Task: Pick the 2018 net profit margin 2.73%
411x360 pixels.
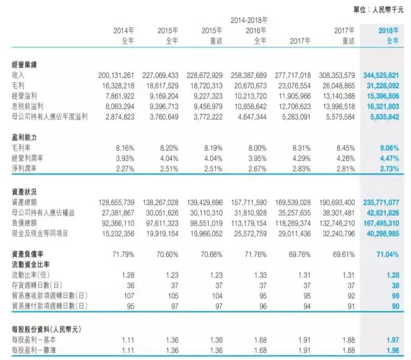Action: tap(389, 169)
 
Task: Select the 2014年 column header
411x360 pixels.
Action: tap(124, 31)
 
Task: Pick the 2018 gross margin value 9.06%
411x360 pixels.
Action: tap(389, 148)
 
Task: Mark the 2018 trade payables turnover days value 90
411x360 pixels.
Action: tap(395, 306)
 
